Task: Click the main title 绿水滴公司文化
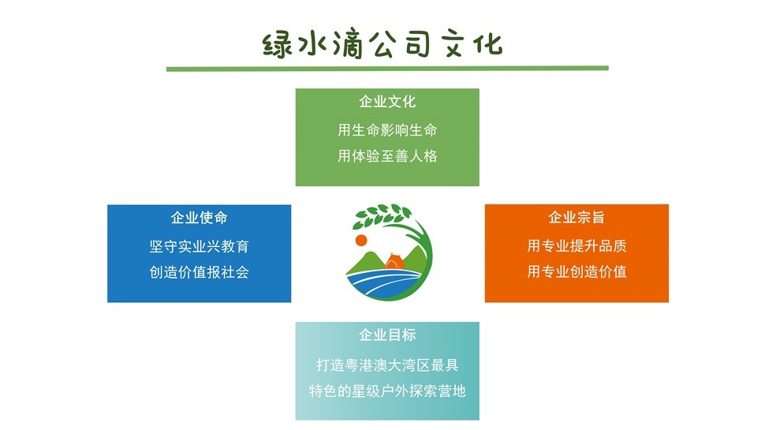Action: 382,44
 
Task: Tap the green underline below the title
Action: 387,69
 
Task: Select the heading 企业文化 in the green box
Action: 387,102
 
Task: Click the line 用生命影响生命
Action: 387,130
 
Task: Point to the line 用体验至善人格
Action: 387,156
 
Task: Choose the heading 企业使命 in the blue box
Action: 199,218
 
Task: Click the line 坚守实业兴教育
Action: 199,246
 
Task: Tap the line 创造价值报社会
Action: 199,272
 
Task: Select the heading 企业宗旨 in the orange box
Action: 577,217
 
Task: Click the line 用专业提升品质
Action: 577,245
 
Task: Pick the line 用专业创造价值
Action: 577,271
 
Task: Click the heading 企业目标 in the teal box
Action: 387,335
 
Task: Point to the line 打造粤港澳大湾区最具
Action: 387,365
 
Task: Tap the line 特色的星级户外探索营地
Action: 387,391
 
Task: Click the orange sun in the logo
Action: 361,240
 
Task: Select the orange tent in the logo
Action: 394,261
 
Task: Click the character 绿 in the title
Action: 277,46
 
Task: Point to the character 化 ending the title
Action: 488,44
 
